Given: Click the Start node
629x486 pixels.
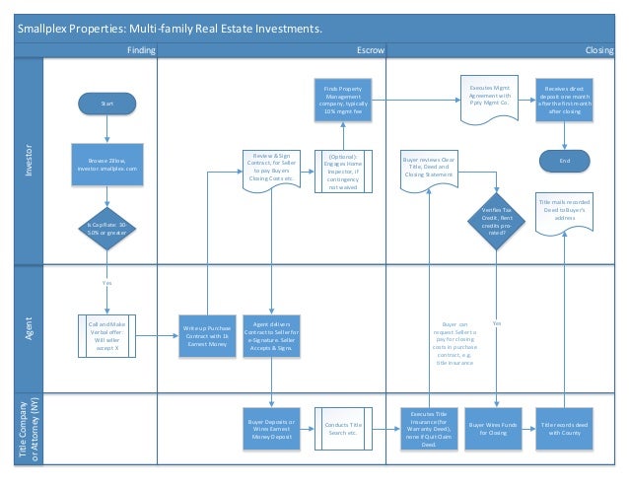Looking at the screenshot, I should [x=106, y=102].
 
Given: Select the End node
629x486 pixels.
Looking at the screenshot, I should [x=565, y=160].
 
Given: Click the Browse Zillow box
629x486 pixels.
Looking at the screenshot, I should [x=106, y=165].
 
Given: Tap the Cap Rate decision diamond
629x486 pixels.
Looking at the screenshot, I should [x=106, y=229].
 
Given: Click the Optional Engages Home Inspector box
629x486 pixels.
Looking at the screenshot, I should [x=337, y=169].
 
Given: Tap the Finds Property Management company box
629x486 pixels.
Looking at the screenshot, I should [x=337, y=101].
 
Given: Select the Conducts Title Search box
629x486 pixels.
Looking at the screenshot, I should [x=337, y=427].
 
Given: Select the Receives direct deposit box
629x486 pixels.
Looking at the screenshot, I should [x=565, y=101].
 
